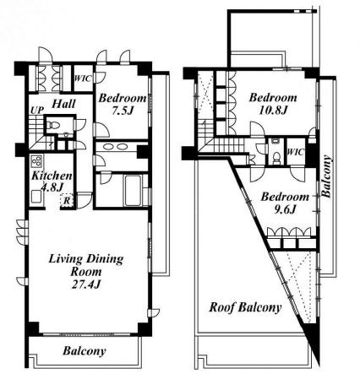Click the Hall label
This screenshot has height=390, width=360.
pos(63,104)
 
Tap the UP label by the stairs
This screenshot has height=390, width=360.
pos(37,111)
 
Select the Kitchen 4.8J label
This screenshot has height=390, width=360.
pos(52,181)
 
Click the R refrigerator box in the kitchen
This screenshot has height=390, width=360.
pos(67,201)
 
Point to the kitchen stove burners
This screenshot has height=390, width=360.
pos(36,161)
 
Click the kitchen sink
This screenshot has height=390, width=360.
pos(36,197)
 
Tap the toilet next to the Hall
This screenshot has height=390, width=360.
pos(52,124)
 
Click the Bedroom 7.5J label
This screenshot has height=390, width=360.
pos(123,105)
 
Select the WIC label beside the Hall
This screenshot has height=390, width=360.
pos(83,79)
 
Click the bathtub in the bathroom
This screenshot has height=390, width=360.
pos(133,191)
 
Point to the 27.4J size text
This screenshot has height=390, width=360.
pos(86,284)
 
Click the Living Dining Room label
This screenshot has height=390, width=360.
pos(86,265)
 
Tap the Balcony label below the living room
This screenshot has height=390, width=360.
pos(85,351)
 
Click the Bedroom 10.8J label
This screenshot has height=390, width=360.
pos(273,104)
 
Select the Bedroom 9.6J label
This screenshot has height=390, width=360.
pos(285,203)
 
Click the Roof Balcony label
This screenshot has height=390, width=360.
pos(245,307)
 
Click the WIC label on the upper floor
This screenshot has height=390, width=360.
pos(296,152)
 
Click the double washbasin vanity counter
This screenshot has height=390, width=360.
pos(115,147)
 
